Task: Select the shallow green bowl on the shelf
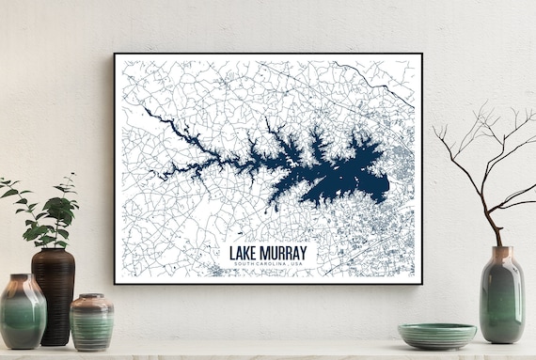click(x=436, y=336)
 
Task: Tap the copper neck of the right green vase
click(x=502, y=253)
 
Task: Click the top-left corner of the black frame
click(x=115, y=54)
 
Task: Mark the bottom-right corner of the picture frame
click(x=422, y=284)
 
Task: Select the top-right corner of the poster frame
click(x=422, y=54)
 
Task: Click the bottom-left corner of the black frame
click(x=115, y=284)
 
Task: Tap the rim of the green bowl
click(x=436, y=327)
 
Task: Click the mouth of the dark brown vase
click(x=53, y=250)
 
